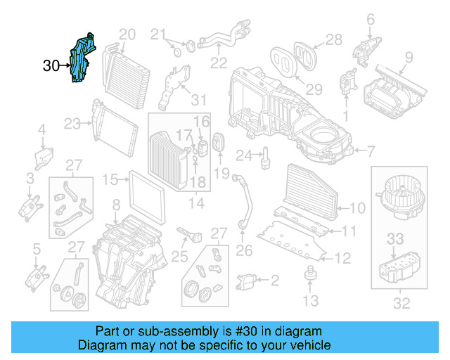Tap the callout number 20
coord(127,34)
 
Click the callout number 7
coord(371,150)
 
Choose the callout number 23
coord(72,124)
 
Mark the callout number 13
coord(310,301)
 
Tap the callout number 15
coord(110,180)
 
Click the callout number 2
coord(274,281)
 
